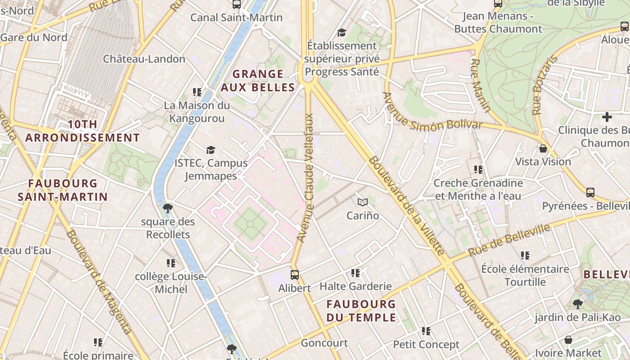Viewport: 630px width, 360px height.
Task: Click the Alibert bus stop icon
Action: (295, 274)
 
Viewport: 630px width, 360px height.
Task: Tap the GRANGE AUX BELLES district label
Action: (258, 81)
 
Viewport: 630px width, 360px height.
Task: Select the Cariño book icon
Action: (363, 202)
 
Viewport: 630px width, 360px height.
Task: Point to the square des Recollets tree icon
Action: (168, 208)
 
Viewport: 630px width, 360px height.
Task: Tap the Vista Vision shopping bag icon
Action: (543, 148)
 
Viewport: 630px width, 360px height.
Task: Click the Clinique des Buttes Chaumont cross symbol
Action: (607, 117)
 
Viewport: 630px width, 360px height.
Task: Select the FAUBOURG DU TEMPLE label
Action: (361, 311)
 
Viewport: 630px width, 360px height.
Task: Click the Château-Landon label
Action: (144, 59)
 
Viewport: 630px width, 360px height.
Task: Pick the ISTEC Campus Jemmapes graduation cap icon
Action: (211, 150)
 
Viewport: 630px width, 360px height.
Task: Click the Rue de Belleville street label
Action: (509, 240)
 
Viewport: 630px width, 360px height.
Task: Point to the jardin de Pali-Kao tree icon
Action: (578, 304)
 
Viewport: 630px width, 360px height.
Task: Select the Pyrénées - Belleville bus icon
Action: (590, 193)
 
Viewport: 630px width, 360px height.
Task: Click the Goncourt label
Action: (324, 343)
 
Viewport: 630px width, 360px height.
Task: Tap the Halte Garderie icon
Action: (355, 273)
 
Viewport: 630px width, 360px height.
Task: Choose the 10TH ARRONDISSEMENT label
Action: (82, 131)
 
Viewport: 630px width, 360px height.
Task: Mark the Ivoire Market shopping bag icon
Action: (568, 339)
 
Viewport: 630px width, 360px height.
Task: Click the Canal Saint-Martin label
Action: (236, 18)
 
